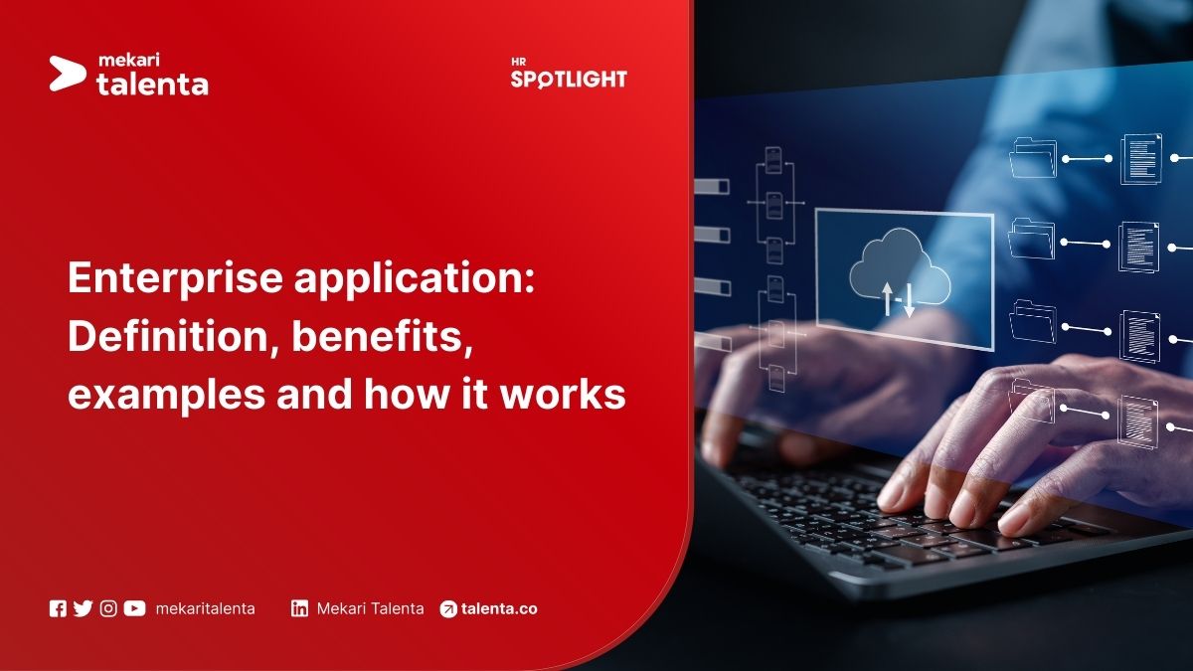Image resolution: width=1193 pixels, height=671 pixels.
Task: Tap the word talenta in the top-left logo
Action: tap(152, 84)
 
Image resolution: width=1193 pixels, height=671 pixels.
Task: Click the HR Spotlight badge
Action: tap(569, 75)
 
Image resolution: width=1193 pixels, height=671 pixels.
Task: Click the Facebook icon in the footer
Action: tap(58, 608)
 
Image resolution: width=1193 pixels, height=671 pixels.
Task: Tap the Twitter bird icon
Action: tap(83, 608)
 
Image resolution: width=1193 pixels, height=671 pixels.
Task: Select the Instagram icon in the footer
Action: tap(108, 608)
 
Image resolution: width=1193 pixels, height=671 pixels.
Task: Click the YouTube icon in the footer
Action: tap(134, 608)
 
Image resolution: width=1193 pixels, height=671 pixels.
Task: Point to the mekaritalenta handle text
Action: tap(205, 608)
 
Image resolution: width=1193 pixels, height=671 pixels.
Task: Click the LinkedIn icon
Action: tap(299, 608)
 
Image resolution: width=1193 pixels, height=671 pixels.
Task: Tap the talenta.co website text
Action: tap(499, 608)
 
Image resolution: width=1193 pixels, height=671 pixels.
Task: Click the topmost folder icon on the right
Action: tap(1032, 158)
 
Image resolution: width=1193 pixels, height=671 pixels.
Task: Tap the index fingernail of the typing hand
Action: tap(892, 494)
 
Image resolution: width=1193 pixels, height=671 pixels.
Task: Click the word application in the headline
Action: tap(415, 280)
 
